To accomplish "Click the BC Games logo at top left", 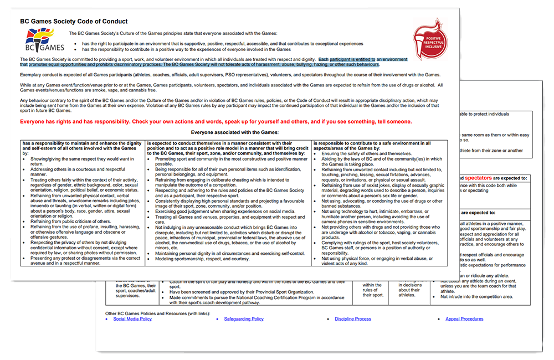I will click(x=40, y=40).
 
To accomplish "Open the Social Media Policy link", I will click(x=132, y=319).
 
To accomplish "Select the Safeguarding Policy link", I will click(x=244, y=319).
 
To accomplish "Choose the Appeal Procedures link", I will click(x=464, y=319).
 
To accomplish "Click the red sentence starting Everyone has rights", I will click(x=216, y=121).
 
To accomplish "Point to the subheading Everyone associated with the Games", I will click(x=234, y=132).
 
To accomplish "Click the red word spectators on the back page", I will click(x=481, y=178).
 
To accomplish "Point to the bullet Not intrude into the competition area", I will click(x=476, y=296).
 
